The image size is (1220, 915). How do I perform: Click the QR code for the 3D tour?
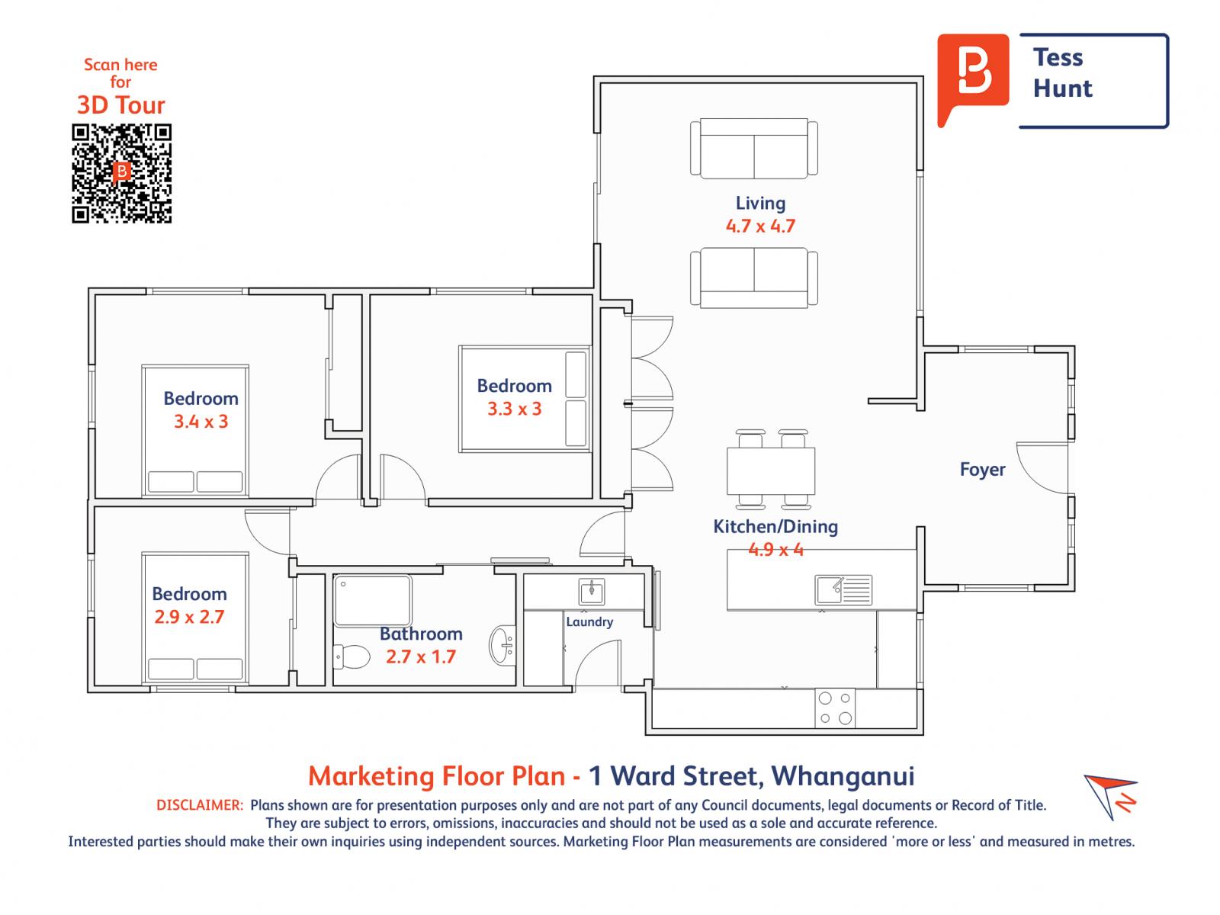(x=121, y=173)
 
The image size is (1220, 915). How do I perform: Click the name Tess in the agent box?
(x=1058, y=57)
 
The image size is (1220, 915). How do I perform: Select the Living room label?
(x=760, y=203)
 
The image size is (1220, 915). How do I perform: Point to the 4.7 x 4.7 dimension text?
(x=760, y=226)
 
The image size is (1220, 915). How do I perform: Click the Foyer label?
(x=982, y=470)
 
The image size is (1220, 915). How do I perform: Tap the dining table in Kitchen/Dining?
(x=770, y=470)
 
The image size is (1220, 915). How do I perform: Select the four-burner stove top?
(x=835, y=708)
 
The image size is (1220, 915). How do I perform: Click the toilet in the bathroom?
(x=352, y=657)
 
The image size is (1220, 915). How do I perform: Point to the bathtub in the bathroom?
(x=372, y=601)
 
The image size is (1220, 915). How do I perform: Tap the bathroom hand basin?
(x=502, y=645)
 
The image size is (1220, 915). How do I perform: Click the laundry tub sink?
(x=592, y=591)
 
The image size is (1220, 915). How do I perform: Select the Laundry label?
(x=589, y=621)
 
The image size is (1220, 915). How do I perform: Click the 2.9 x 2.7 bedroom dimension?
(x=189, y=617)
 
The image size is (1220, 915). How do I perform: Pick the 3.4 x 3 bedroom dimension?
(x=201, y=422)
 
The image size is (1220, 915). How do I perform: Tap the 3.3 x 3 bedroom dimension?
(x=514, y=409)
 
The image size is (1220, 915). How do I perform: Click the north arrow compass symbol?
(x=1109, y=797)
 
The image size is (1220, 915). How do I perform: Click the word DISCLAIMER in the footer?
(x=200, y=805)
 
